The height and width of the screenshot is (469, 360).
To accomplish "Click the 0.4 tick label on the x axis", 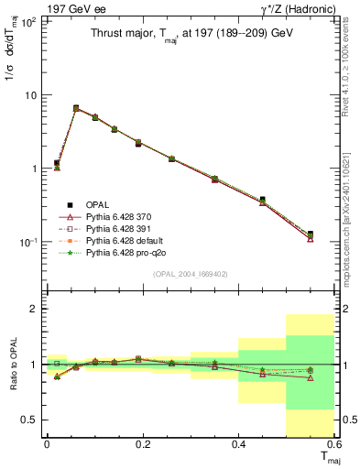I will point(238,443).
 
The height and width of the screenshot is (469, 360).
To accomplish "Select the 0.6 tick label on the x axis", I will point(334,443).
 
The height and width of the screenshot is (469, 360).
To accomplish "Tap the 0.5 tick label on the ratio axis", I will point(31,420).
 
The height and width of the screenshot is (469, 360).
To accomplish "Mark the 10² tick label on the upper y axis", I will point(29,22).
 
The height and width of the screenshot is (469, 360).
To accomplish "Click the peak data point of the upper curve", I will point(76,108).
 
